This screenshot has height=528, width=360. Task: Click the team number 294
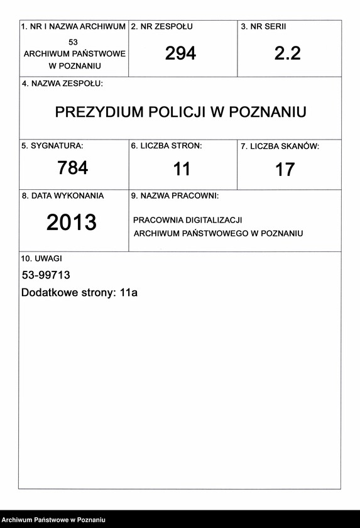(181, 53)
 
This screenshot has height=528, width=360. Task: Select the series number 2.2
(288, 53)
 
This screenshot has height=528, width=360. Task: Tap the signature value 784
(73, 168)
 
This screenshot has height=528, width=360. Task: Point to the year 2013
(72, 222)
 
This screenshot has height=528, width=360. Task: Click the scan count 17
(285, 170)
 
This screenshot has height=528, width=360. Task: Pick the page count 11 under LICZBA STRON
(182, 169)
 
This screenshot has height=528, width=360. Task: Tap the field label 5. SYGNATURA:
(52, 146)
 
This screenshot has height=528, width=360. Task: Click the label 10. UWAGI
(41, 258)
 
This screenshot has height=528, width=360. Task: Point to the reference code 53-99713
(46, 275)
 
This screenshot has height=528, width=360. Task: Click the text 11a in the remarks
(128, 293)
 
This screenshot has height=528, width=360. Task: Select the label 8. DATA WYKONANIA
(63, 196)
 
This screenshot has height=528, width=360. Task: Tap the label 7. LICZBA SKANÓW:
(280, 146)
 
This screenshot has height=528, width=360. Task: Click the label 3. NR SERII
(264, 27)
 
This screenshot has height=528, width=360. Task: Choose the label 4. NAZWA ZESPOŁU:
(62, 83)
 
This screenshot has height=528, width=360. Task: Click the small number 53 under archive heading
(74, 41)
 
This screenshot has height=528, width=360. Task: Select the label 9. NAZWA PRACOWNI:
(175, 196)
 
